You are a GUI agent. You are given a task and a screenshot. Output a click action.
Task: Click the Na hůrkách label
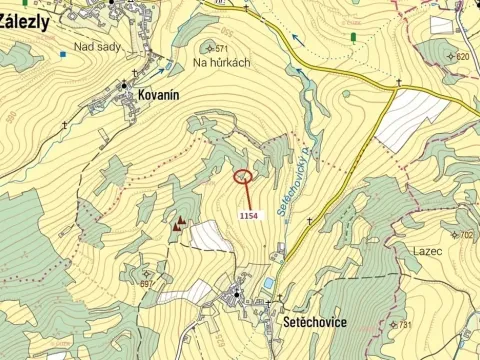pyautogui.click(x=222, y=62)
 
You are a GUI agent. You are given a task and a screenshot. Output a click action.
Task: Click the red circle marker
pyautogui.click(x=242, y=177)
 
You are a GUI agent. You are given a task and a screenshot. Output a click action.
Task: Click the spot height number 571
pyautogui.click(x=221, y=48)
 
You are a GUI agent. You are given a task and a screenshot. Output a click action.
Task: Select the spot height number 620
pyautogui.click(x=461, y=56)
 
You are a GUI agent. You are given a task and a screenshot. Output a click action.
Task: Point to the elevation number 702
pyautogui.click(x=466, y=236)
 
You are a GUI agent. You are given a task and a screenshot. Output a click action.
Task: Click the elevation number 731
pyautogui.click(x=404, y=325)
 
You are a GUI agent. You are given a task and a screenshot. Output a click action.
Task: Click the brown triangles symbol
pyautogui.click(x=180, y=225)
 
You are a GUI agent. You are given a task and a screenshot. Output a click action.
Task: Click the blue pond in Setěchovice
pyautogui.click(x=267, y=283)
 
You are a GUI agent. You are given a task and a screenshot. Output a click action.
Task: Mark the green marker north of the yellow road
pyautogui.click(x=353, y=37)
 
